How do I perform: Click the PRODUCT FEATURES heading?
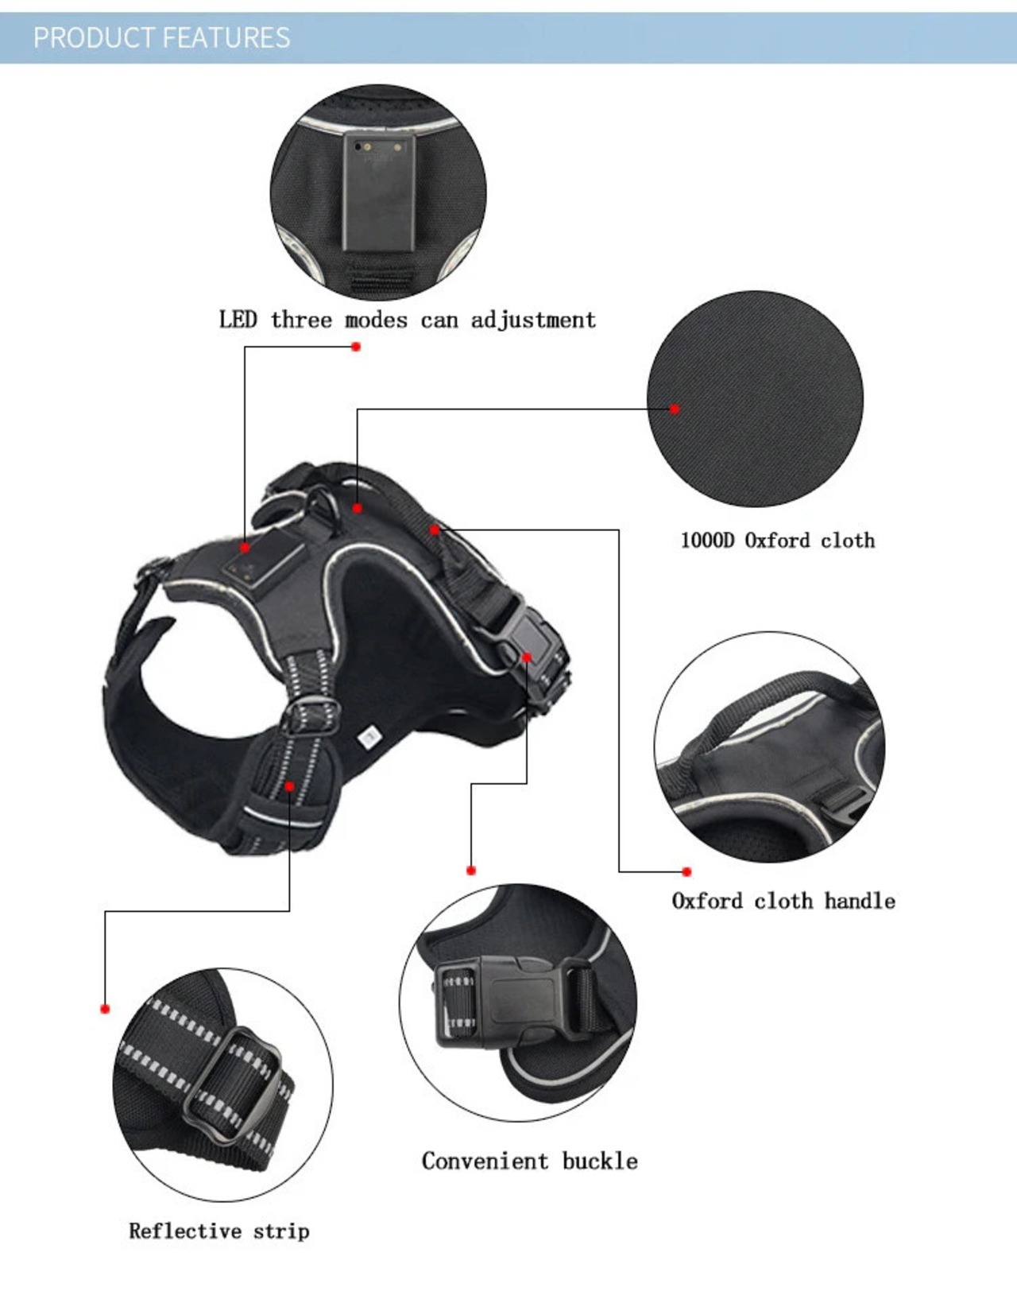(x=161, y=37)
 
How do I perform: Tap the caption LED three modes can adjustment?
(x=407, y=320)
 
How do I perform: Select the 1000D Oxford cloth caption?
(x=777, y=541)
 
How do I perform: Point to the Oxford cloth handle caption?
(x=783, y=901)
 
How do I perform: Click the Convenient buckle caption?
(x=529, y=1161)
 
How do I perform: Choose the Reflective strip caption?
(x=219, y=1231)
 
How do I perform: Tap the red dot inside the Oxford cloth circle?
(x=675, y=409)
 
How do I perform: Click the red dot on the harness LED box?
(x=245, y=547)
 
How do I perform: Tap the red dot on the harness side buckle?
(x=526, y=657)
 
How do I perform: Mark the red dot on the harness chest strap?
(x=289, y=786)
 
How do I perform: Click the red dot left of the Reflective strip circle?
(x=105, y=1009)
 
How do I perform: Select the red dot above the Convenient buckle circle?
(x=471, y=871)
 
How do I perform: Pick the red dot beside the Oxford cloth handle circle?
(x=686, y=872)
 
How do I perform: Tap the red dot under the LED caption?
(x=356, y=347)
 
